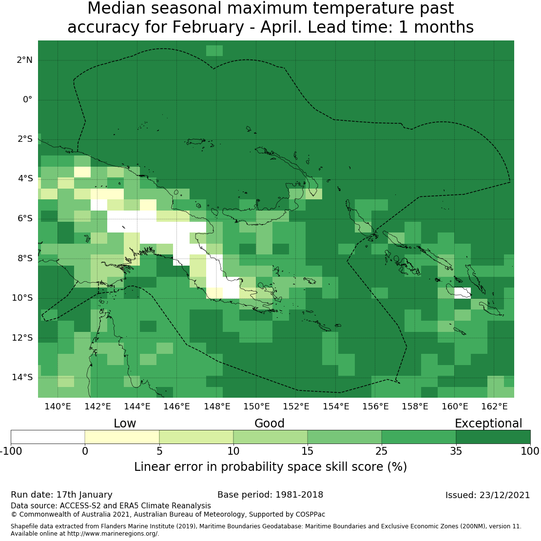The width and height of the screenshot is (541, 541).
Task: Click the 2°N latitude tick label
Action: tap(24, 60)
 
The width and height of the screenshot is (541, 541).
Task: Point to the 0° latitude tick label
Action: tap(27, 99)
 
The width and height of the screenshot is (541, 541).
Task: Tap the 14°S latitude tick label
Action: tap(22, 377)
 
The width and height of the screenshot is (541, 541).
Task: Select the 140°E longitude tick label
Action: tap(58, 406)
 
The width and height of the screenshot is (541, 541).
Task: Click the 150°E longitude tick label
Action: tap(256, 406)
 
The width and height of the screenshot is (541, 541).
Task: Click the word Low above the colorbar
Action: tap(125, 424)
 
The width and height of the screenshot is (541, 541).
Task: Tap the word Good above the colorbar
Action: tap(270, 424)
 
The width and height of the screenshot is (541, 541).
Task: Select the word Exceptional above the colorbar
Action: tap(488, 424)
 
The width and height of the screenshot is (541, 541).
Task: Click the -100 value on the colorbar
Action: tap(11, 451)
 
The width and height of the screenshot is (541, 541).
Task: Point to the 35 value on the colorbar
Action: tap(456, 451)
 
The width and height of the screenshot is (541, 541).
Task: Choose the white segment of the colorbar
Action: tap(48, 437)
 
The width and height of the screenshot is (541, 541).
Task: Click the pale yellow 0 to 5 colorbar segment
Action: tap(122, 437)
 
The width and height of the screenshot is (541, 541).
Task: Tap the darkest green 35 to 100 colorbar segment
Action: tap(493, 437)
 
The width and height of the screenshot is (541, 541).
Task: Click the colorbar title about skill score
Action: tap(270, 467)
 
